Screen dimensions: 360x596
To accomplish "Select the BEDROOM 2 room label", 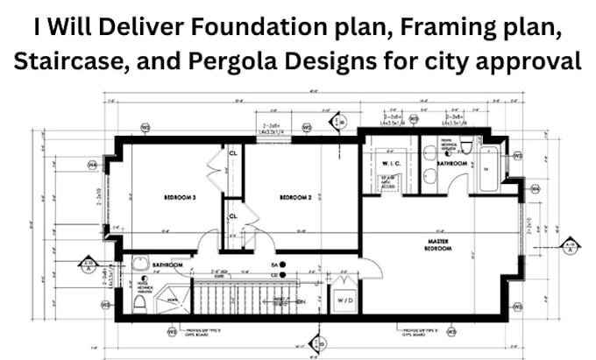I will coord(296,198).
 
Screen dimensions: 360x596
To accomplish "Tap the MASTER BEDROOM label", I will coord(438,244).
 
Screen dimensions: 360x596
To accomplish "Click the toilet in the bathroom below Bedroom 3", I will coord(139,302).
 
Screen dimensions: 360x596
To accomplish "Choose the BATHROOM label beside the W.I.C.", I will coord(452,163).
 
